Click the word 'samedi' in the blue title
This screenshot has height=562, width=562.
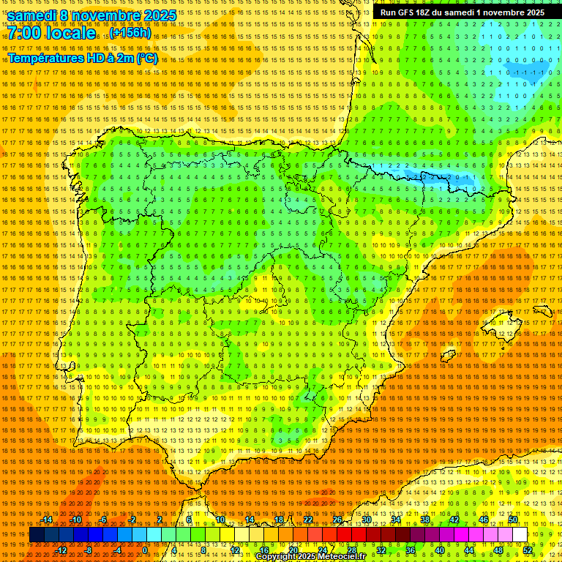34,15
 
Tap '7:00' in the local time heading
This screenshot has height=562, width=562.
26,34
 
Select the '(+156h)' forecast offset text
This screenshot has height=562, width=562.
132,33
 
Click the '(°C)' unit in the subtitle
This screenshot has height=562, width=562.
146,58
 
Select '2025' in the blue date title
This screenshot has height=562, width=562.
160,15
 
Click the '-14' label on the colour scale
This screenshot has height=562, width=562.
47,520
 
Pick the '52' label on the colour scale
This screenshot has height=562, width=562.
528,550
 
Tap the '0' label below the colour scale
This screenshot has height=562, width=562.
145,550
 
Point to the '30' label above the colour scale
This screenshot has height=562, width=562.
366,520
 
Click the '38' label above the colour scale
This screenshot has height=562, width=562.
424,520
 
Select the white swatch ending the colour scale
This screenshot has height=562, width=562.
520,535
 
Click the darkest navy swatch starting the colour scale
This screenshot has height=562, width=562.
37,535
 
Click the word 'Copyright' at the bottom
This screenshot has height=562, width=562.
276,557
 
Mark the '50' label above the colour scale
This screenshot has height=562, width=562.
513,520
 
